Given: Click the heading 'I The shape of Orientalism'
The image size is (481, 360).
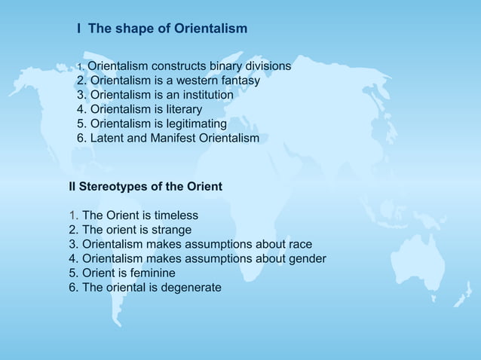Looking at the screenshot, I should coord(162,29).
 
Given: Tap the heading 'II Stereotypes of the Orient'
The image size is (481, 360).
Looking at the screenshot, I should coord(146,186).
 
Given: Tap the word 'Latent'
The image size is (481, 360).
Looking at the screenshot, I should coord(107,138).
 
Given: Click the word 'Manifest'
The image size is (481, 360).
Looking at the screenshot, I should coord(173,138).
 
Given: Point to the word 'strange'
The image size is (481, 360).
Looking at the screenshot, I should coord(170,230).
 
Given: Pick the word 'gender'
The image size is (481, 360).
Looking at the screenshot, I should coord(308,258).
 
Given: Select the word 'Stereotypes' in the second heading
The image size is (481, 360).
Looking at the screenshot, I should coord(114,186).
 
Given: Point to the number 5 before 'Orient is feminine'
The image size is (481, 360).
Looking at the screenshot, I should coord(72,273).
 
